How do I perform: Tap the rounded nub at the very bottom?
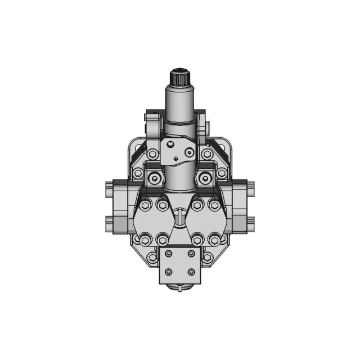(179, 289)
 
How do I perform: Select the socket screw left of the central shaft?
(154, 179)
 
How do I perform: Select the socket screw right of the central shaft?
(205, 179)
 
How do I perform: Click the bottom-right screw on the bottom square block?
(191, 272)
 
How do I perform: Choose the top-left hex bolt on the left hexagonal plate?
(145, 205)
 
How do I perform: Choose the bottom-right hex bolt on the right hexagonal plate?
(214, 240)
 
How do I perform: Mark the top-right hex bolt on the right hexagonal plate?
(214, 205)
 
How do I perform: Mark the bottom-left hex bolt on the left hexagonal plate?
(145, 240)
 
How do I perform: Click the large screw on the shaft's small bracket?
(189, 152)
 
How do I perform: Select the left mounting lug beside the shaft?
(150, 125)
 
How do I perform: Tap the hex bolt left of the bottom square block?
(151, 258)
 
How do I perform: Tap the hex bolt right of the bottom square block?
(208, 258)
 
